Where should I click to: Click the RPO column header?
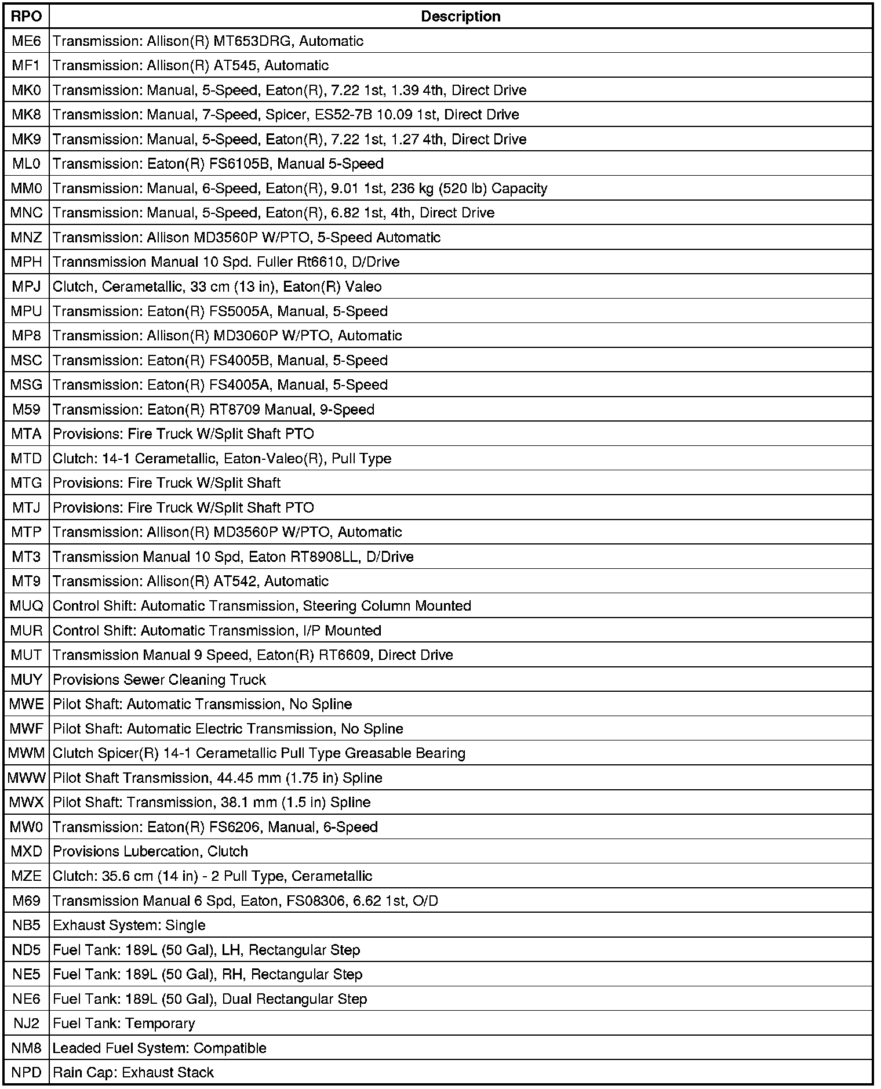coord(27,16)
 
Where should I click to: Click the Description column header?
coord(460,16)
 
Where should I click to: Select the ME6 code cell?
coord(27,41)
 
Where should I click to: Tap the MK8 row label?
coord(27,115)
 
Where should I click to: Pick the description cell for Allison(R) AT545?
coord(191,66)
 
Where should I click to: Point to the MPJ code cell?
coord(27,286)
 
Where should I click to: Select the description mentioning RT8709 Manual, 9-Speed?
coord(213,409)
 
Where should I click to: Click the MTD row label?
coord(27,459)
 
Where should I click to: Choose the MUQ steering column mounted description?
coord(261,606)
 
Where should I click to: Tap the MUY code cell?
coord(27,680)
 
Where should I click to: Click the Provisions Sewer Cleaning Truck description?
coord(159,680)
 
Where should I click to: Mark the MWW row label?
coord(27,778)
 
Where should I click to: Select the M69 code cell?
coord(27,901)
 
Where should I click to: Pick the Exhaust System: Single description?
coord(129,925)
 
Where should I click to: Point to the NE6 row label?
coord(27,999)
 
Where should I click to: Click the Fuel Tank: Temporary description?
coord(123,1023)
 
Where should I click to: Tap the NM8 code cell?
coord(27,1048)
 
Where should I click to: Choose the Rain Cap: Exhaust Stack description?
coord(133,1073)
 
